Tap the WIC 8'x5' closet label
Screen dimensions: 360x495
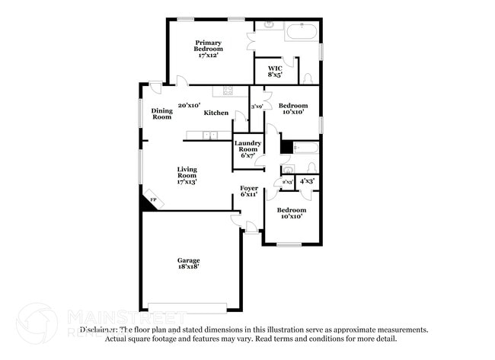(275, 72)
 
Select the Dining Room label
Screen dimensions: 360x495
(161, 113)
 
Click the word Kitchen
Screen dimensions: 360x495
(216, 113)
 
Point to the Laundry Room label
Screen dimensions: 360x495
(248, 148)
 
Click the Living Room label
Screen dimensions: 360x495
(187, 175)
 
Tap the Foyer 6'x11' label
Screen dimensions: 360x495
(249, 190)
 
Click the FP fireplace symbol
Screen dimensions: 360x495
(153, 201)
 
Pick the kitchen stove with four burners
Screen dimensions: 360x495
(227, 91)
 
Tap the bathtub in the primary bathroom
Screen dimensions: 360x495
(300, 32)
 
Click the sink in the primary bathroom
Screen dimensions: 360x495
(268, 26)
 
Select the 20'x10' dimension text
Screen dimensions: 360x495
(188, 105)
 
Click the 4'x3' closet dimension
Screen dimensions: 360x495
(307, 180)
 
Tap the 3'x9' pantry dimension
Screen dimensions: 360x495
(257, 107)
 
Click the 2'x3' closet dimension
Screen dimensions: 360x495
(286, 183)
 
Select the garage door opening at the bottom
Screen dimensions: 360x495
(187, 307)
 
